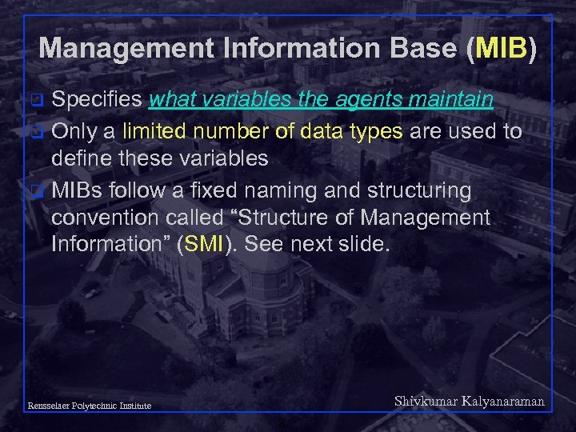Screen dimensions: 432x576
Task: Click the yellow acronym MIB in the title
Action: pyautogui.click(x=501, y=49)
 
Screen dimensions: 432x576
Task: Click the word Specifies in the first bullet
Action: pyautogui.click(x=97, y=100)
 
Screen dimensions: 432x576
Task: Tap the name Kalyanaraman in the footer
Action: pyautogui.click(x=501, y=402)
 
